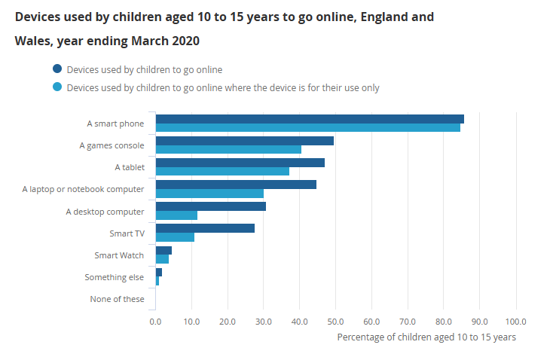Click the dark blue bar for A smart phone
[309, 119]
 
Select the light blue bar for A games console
[228, 149]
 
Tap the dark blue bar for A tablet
[240, 163]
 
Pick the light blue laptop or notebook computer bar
[209, 193]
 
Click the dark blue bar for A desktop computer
[210, 206]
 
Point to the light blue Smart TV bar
[175, 236]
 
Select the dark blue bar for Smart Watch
[163, 250]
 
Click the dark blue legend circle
[57, 69]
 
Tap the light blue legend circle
[57, 87]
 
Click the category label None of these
[117, 299]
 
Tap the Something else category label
[115, 277]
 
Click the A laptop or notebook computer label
[83, 188]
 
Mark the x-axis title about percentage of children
[426, 337]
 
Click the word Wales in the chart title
[32, 39]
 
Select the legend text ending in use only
[223, 87]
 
